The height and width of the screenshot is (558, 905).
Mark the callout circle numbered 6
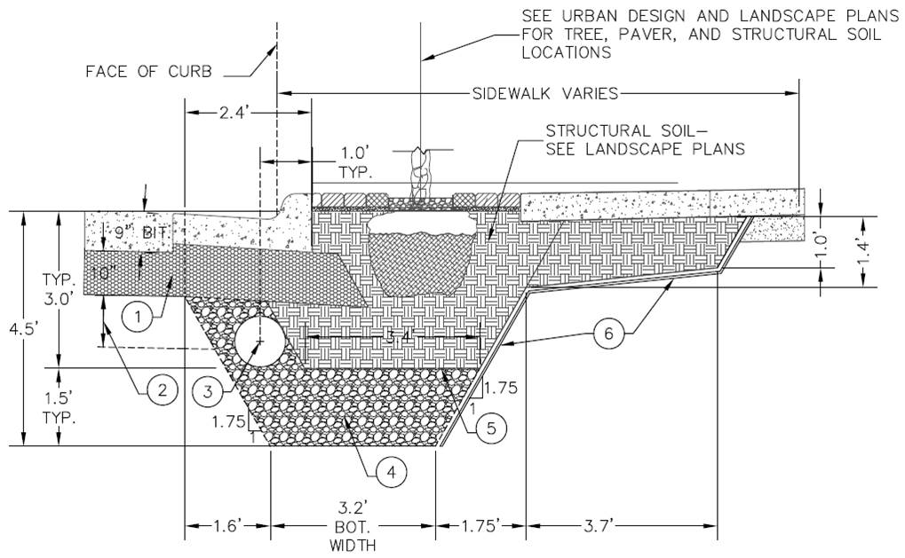pos(608,334)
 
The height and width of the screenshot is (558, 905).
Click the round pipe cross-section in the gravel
pos(259,340)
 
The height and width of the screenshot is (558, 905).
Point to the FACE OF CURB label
pos(148,72)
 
